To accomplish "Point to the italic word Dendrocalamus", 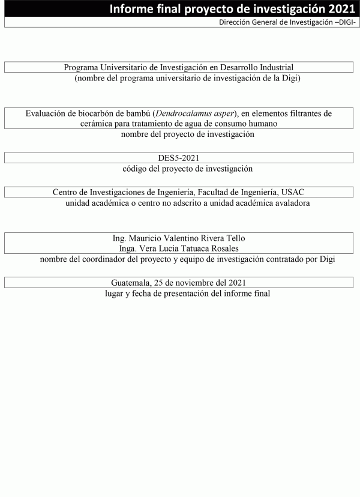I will (181, 113).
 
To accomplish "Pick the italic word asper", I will (221, 113).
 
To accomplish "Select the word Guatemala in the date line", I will (131, 282).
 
